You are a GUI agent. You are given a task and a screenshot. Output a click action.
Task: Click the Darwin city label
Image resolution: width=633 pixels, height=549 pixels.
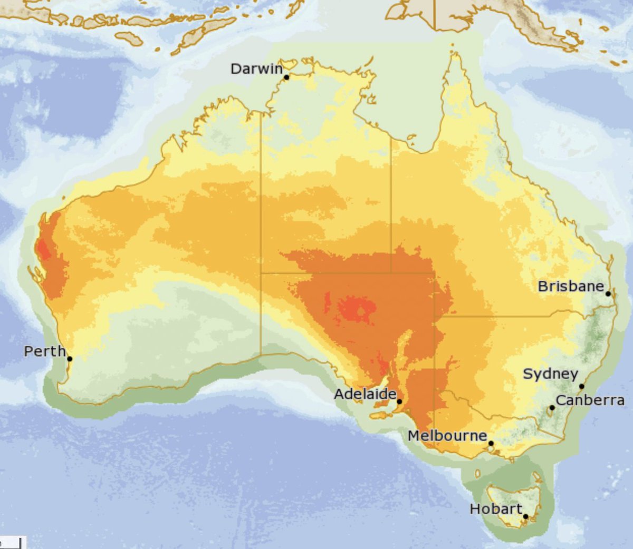[256, 69]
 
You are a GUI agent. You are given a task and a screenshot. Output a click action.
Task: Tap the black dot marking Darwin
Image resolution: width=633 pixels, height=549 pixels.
[286, 77]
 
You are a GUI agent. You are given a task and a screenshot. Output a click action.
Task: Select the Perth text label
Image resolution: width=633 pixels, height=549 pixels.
[45, 351]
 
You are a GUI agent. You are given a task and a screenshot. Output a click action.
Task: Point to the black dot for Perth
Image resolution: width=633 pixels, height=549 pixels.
[70, 359]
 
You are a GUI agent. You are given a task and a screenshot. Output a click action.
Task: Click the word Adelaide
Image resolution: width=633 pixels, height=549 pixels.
[365, 394]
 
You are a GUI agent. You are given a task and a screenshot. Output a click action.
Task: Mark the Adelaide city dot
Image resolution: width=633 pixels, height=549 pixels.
[399, 402]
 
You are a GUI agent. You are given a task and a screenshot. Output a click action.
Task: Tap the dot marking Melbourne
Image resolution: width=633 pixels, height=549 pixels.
[491, 444]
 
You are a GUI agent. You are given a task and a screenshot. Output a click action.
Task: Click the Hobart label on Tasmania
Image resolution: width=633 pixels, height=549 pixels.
[496, 509]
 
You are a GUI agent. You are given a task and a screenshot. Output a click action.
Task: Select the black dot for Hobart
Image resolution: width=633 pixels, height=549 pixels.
[525, 517]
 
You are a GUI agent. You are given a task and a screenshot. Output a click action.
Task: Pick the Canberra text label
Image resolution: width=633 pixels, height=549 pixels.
[590, 400]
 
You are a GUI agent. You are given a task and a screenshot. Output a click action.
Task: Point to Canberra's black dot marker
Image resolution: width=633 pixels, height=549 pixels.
[552, 408]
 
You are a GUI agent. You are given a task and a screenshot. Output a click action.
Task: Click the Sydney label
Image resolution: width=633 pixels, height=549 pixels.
[550, 374]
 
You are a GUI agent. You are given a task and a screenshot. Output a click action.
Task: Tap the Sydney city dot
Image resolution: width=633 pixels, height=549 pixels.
[582, 387]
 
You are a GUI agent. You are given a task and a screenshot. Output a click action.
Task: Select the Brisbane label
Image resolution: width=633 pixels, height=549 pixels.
[571, 287]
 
